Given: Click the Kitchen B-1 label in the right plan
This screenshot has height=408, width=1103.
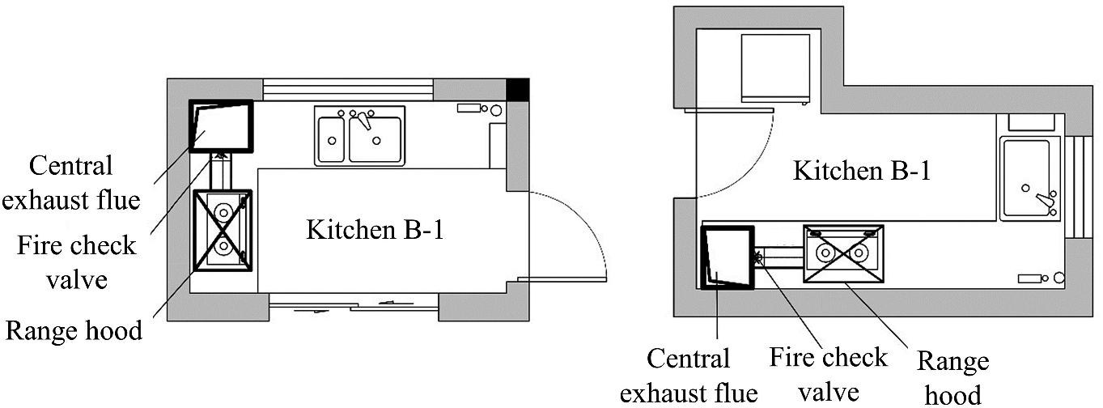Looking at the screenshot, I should tap(862, 172).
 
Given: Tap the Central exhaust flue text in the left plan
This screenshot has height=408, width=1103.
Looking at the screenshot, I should tap(70, 183).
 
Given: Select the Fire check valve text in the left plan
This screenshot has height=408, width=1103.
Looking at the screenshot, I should tap(77, 261).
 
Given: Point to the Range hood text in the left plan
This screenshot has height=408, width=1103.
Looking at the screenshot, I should tap(74, 330).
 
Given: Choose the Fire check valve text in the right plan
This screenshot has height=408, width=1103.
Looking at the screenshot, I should tap(828, 375).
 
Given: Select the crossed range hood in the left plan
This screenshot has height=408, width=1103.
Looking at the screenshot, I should tap(223, 230).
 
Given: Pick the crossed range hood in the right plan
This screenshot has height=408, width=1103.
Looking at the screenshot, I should tap(843, 253).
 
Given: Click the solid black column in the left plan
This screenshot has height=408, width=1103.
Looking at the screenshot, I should tap(517, 89).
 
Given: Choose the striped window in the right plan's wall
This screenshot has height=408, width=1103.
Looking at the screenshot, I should tap(1079, 185).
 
